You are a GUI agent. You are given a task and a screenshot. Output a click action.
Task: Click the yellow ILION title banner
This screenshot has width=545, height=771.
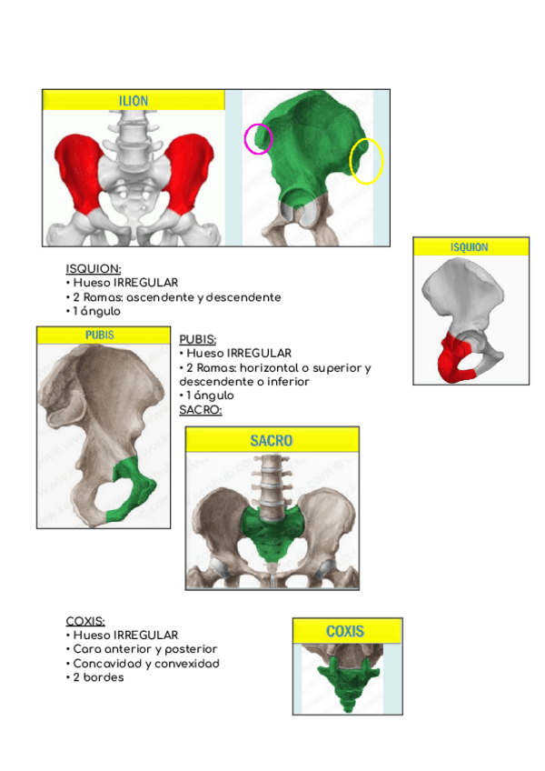[x=134, y=101]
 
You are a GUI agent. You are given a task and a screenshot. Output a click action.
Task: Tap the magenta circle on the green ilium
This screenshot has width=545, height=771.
[x=258, y=138]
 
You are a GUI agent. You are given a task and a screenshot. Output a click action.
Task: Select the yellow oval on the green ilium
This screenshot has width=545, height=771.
[x=366, y=161]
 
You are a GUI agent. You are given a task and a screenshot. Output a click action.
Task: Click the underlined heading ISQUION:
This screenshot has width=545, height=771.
[x=94, y=269]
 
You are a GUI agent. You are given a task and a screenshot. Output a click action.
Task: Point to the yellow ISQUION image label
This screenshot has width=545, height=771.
[x=469, y=247]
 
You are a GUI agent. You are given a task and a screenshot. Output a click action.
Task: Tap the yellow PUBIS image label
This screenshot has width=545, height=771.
[x=100, y=335]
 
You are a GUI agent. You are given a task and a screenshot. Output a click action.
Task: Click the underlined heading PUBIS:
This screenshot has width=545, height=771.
[x=198, y=339]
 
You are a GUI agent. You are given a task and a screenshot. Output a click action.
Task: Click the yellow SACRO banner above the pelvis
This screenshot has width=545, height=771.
[x=272, y=441]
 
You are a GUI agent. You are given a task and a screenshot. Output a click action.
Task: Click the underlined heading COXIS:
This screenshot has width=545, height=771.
[x=86, y=621]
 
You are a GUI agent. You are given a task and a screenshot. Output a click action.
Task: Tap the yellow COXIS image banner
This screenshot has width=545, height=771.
[x=346, y=631]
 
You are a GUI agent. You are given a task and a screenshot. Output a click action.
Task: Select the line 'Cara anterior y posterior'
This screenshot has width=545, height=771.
[x=142, y=649]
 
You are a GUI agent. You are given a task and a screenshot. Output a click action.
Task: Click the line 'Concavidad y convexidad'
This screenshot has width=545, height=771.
[x=143, y=664]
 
